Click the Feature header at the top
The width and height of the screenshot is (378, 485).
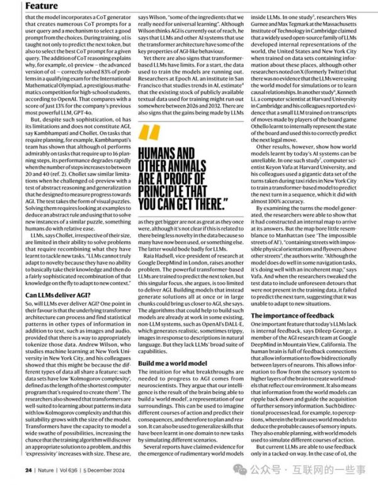(x=23, y=6)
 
